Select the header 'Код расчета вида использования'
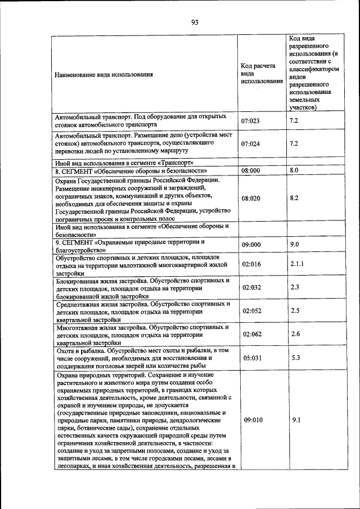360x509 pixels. coord(261,74)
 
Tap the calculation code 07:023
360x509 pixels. coord(251,121)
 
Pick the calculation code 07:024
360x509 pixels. coord(251,143)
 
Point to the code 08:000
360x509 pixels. coord(251,170)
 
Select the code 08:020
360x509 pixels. coord(251,199)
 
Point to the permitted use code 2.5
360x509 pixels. coord(295,310)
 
